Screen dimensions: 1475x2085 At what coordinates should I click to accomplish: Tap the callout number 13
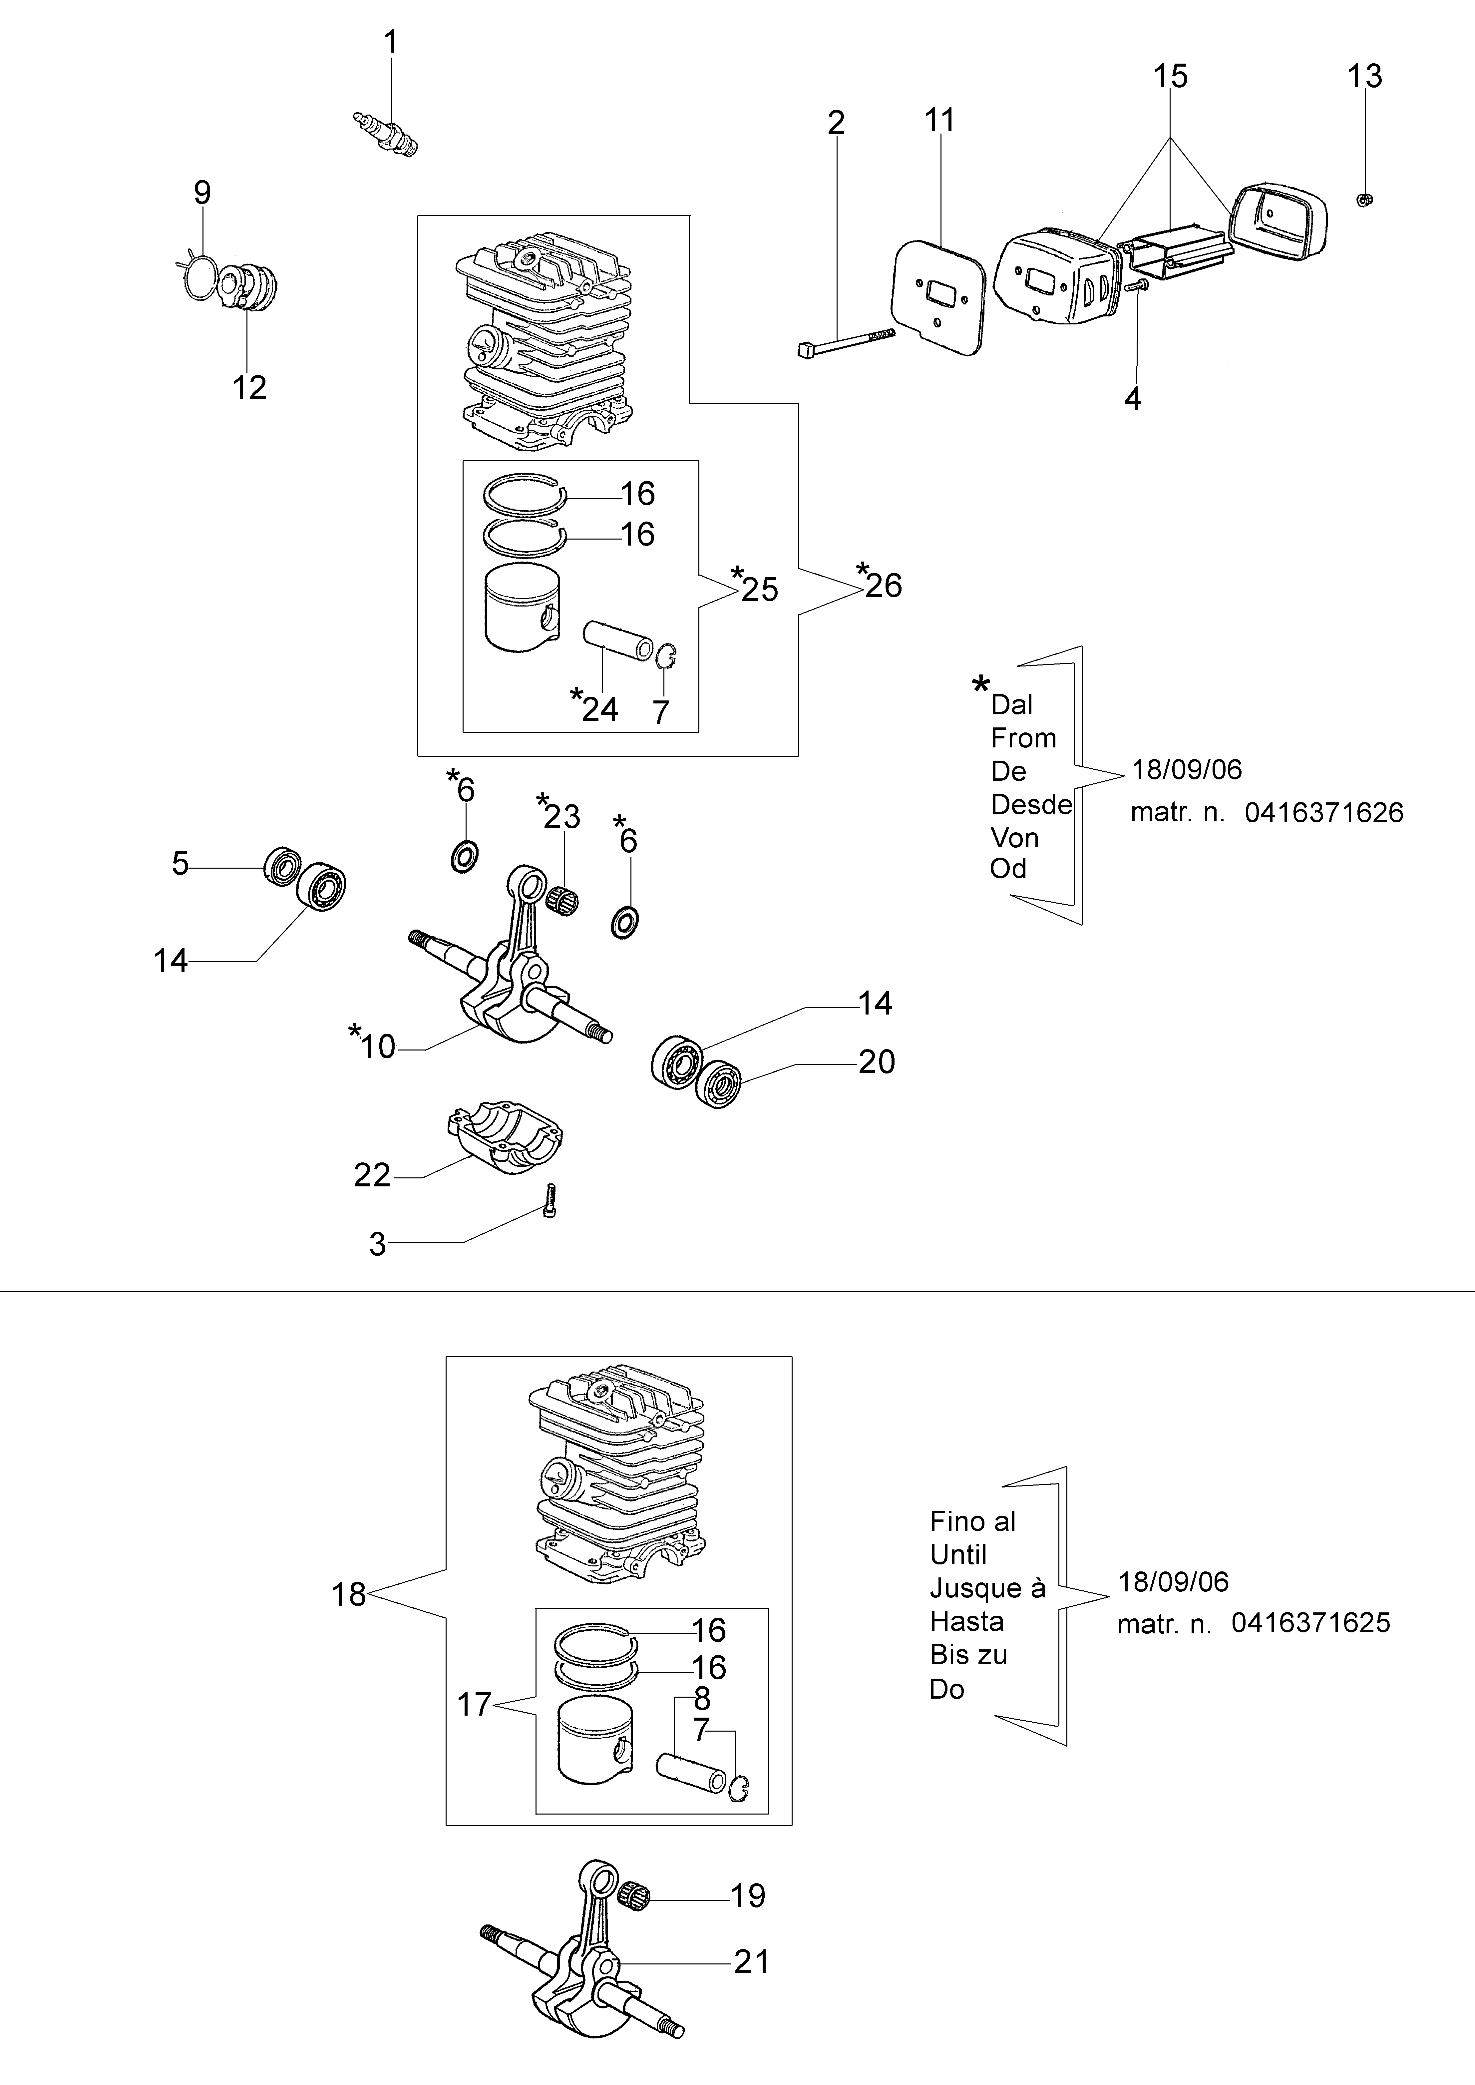coord(1364,76)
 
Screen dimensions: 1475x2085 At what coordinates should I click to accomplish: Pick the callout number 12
coord(249,388)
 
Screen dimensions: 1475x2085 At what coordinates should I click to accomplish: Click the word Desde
coord(1031,805)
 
